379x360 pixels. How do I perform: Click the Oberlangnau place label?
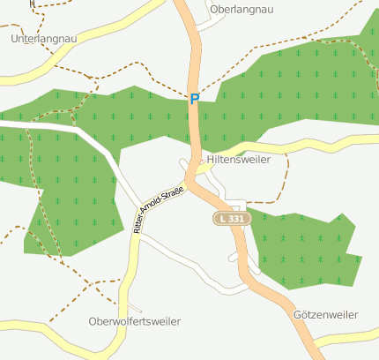click(239, 9)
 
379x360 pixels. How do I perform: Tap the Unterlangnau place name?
click(42, 40)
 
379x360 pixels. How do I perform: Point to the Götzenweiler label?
click(325, 314)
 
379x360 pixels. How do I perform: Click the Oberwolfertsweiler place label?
click(135, 321)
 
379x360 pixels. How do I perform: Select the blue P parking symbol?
click(194, 100)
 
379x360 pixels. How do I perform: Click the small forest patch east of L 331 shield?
click(304, 251)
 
